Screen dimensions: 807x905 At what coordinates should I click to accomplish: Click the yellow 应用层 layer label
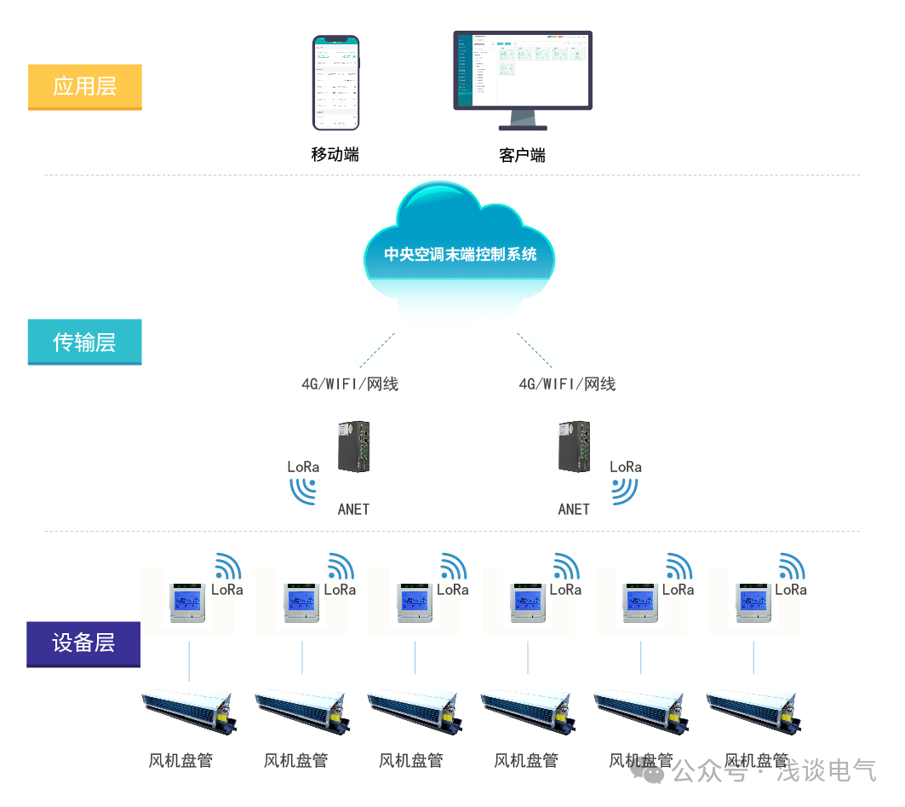pyautogui.click(x=84, y=86)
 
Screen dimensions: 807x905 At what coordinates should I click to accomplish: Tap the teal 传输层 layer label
pyautogui.click(x=84, y=342)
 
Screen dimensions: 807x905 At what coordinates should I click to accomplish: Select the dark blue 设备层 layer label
pyautogui.click(x=83, y=643)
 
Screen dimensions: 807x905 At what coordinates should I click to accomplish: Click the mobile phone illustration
pyautogui.click(x=335, y=83)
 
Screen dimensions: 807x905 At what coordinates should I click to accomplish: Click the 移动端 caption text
pyautogui.click(x=335, y=154)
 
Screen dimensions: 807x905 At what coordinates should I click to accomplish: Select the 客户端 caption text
pyautogui.click(x=522, y=155)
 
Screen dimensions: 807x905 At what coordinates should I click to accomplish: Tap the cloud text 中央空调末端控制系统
pyautogui.click(x=460, y=254)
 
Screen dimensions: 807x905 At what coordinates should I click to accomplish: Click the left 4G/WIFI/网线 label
pyautogui.click(x=350, y=383)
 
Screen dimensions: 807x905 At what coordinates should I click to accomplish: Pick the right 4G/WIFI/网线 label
pyautogui.click(x=567, y=383)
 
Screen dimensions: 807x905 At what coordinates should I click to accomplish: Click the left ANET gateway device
pyautogui.click(x=354, y=447)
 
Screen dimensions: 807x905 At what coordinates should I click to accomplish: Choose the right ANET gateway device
pyautogui.click(x=575, y=447)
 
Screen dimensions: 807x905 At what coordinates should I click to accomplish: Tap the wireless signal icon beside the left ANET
pyautogui.click(x=303, y=489)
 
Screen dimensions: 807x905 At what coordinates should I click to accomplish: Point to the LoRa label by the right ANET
pyautogui.click(x=626, y=467)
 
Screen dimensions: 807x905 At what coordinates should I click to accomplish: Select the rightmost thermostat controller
pyautogui.click(x=753, y=602)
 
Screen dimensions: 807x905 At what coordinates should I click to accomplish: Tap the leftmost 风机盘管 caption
pyautogui.click(x=180, y=760)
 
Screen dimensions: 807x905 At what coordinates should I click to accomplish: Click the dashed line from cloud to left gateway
pyautogui.click(x=376, y=349)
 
